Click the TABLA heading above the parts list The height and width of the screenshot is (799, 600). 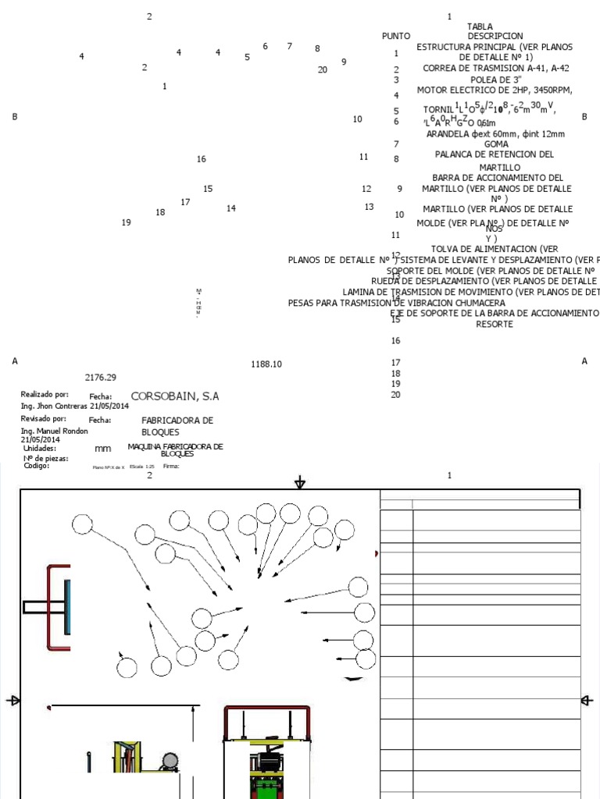(x=480, y=27)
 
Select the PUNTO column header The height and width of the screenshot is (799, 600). (x=396, y=36)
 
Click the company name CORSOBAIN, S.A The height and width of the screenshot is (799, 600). (x=175, y=396)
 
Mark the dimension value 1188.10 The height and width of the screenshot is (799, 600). (x=266, y=364)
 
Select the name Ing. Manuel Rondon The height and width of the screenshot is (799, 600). (x=54, y=431)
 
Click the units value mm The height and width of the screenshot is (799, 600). (x=102, y=449)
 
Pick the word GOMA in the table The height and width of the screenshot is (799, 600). (x=497, y=144)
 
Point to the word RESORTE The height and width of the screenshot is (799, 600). (x=495, y=324)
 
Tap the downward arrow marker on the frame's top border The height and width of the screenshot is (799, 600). (x=300, y=484)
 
